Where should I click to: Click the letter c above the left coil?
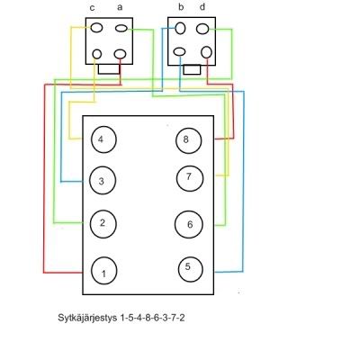point(93,8)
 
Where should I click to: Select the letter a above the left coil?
point(120,7)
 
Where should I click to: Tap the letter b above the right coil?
point(181,7)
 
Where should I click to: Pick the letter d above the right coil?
point(202,7)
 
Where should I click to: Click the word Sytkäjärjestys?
point(87,318)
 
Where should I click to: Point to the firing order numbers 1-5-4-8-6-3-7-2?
point(152,318)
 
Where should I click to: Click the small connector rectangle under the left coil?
point(109,69)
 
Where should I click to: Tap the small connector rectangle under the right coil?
point(192,69)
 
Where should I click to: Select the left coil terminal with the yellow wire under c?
point(96,28)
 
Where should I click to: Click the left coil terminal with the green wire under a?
point(121,29)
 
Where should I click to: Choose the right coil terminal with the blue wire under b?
point(180,28)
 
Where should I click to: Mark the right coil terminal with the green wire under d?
point(202,29)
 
